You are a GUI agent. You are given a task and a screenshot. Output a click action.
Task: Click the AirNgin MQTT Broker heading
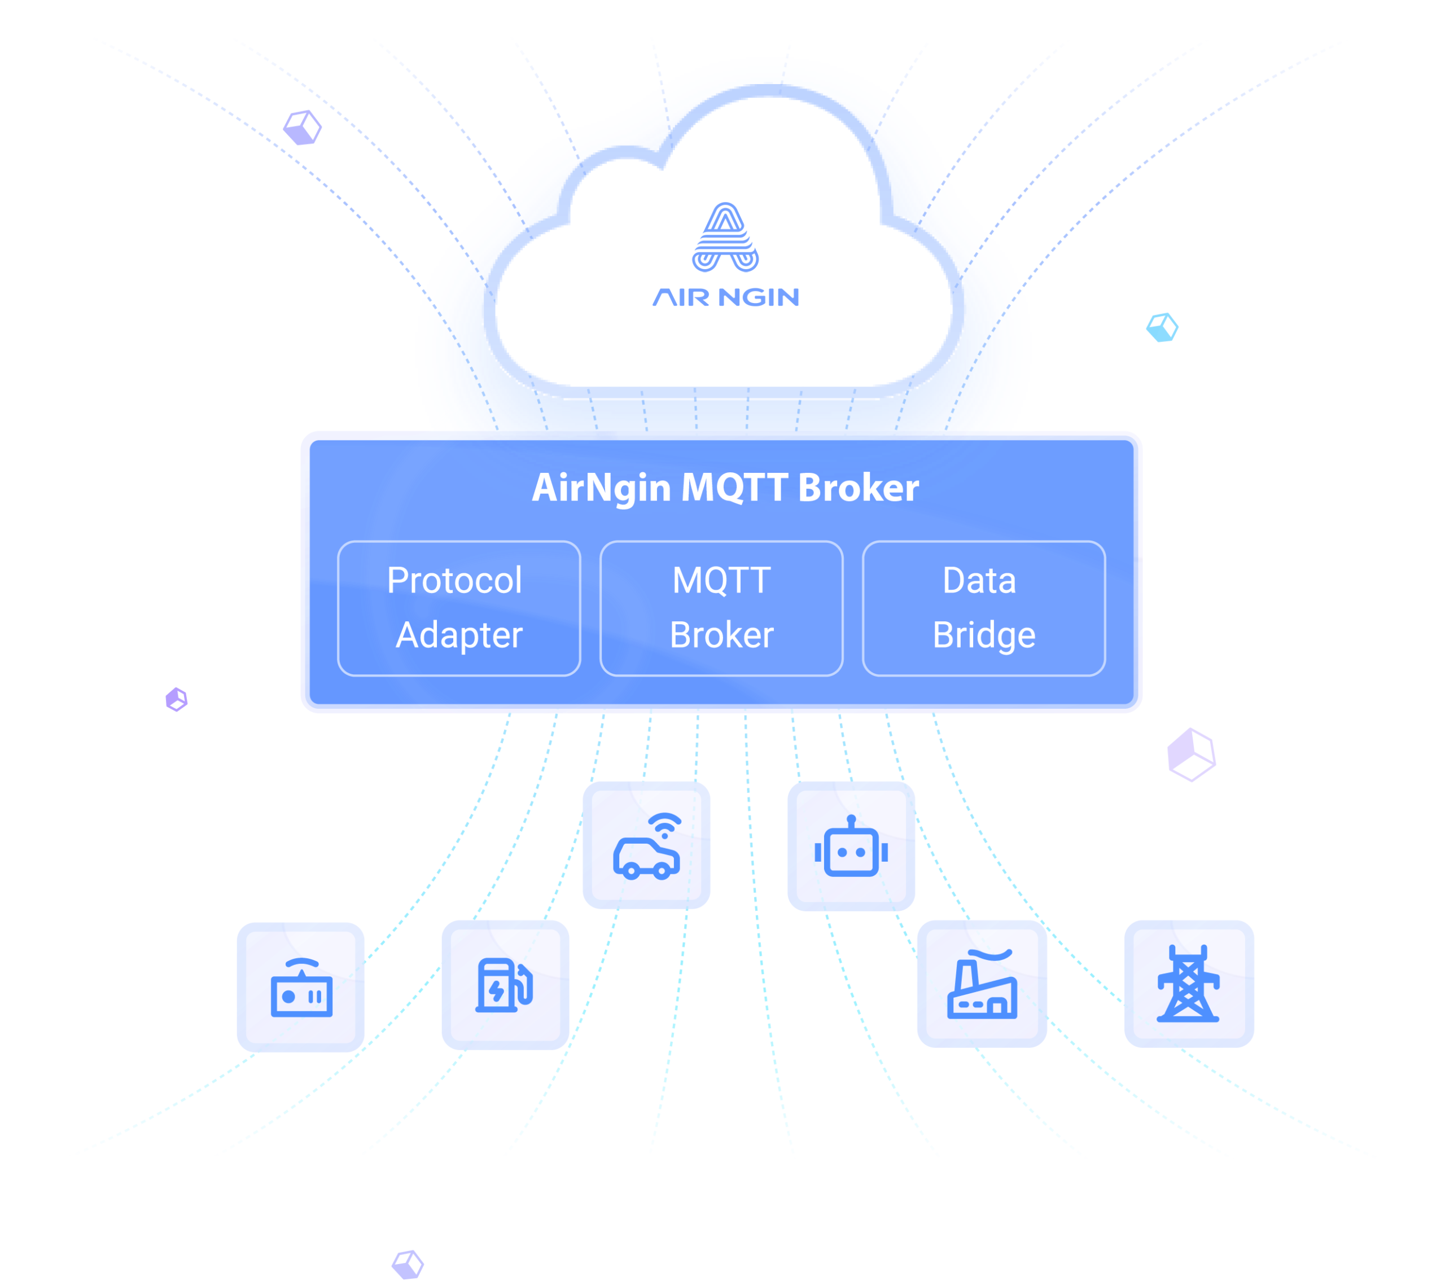click(x=725, y=488)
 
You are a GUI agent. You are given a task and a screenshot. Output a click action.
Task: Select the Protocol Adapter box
click(x=459, y=608)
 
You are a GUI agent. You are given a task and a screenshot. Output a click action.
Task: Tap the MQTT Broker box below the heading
click(x=721, y=608)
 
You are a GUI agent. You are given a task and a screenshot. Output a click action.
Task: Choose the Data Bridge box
click(x=983, y=608)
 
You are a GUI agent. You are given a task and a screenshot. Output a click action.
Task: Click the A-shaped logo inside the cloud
click(x=725, y=238)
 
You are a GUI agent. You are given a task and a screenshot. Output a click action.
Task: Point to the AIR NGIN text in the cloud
click(x=725, y=297)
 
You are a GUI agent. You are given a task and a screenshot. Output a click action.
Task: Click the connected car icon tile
click(x=646, y=845)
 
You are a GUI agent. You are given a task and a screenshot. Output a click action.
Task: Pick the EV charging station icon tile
click(x=505, y=985)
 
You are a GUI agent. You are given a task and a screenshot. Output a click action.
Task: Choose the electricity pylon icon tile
click(x=1189, y=984)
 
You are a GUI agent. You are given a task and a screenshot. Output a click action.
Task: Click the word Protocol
click(x=454, y=581)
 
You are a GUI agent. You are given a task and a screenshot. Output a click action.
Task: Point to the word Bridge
click(x=983, y=635)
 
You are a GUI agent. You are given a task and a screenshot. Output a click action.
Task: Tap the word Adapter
click(x=459, y=635)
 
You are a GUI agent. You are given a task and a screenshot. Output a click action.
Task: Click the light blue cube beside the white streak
click(x=1162, y=327)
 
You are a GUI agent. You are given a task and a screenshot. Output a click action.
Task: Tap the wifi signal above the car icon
click(x=664, y=824)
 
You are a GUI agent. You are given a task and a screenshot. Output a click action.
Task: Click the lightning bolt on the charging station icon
click(x=497, y=990)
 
